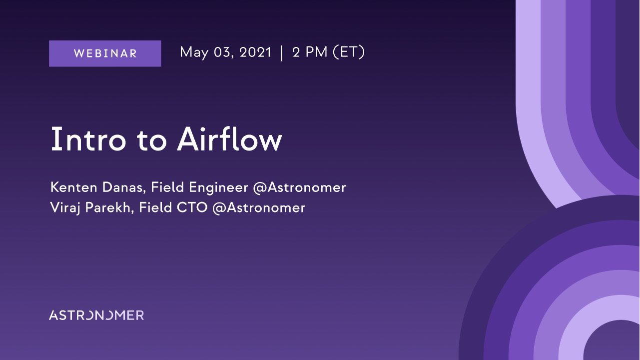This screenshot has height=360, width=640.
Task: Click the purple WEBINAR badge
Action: tap(105, 53)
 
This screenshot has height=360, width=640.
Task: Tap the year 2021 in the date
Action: tap(255, 52)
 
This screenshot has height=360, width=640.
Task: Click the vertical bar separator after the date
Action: tap(282, 53)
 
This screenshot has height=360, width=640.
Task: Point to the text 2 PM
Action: tap(310, 52)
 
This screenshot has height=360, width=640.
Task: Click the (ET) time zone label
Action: tap(349, 52)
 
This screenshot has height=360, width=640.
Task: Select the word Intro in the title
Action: tap(88, 139)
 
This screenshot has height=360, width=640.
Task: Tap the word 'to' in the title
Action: tap(151, 140)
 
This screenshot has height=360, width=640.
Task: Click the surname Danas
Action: tap(124, 187)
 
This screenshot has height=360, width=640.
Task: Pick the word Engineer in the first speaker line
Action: tap(218, 188)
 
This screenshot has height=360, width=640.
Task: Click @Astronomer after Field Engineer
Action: tap(299, 188)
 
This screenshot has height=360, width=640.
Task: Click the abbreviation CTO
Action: tap(192, 207)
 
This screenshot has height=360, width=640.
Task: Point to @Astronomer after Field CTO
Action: tap(259, 208)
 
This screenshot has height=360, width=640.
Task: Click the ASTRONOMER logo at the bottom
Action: tap(96, 315)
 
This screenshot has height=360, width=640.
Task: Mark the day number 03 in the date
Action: tap(223, 52)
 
